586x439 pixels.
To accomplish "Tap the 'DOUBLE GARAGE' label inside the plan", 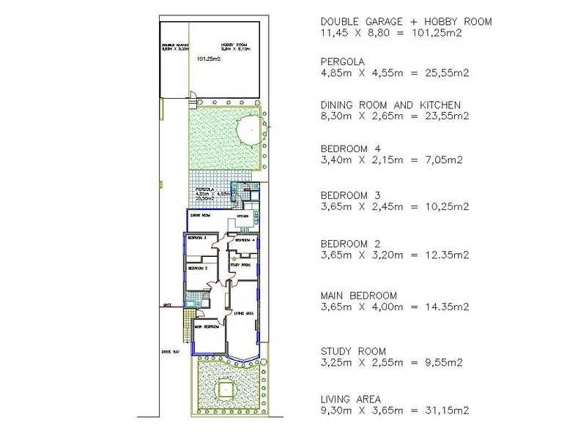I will (175, 45).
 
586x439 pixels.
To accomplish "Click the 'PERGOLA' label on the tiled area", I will (204, 190).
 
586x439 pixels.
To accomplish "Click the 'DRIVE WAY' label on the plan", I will (171, 352).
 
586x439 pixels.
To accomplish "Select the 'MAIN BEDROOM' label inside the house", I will (206, 327).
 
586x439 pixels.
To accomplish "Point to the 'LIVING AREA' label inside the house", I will (243, 313).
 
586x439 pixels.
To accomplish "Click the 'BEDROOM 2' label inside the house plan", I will (199, 269).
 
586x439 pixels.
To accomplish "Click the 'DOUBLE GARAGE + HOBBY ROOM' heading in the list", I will (406, 22).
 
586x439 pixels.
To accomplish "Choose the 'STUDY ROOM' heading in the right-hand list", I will (353, 351).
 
